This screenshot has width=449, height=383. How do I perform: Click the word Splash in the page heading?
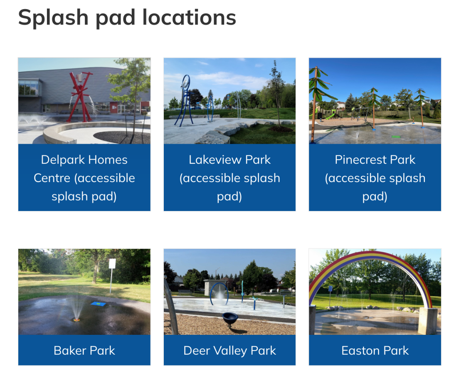53,18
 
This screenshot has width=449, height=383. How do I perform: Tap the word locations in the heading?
189,17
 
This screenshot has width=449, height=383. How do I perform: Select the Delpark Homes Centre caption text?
84,178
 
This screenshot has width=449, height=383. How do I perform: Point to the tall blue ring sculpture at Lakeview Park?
185,100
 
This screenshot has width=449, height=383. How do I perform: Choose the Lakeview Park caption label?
229,178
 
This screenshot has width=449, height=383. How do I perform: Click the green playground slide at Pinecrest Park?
330,115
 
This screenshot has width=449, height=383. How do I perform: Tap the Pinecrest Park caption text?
375,178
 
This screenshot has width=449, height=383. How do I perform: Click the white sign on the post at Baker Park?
112,263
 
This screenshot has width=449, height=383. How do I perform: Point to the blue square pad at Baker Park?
98,304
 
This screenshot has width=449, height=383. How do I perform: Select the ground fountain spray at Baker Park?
76,307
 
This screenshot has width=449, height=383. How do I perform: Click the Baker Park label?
84,351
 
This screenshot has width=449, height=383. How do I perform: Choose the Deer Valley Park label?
229,351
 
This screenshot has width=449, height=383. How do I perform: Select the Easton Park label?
375,351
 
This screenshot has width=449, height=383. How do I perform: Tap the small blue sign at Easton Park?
331,289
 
